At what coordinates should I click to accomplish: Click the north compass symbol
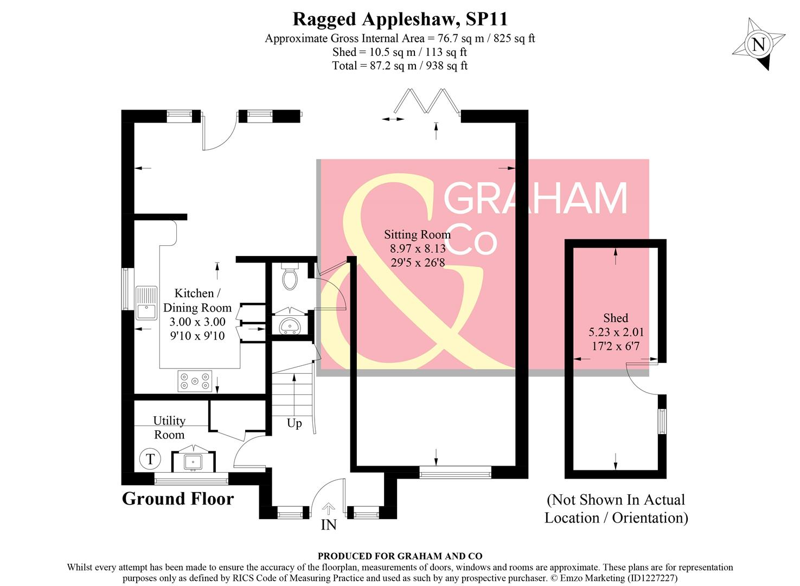coord(758,44)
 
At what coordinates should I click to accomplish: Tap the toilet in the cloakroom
coord(290,277)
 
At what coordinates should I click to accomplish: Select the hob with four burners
coord(195,381)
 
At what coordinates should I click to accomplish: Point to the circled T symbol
coord(150,459)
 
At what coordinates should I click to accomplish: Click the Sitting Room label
coord(417,234)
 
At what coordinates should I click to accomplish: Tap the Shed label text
coord(616,318)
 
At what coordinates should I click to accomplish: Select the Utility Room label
coord(169,428)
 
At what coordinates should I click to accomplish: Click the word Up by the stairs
coord(294,423)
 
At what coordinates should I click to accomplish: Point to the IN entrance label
coord(329,525)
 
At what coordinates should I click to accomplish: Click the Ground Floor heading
coord(178,499)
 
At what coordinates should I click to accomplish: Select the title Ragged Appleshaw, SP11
coord(400,19)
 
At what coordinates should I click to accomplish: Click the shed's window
coord(662,421)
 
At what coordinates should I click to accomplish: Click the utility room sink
coord(193,462)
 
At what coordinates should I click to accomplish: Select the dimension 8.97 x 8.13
coord(418,249)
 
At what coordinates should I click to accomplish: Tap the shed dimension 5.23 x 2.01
coord(616,332)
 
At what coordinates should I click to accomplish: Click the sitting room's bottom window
coord(455,473)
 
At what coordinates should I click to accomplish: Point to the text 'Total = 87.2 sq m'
coord(374,66)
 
